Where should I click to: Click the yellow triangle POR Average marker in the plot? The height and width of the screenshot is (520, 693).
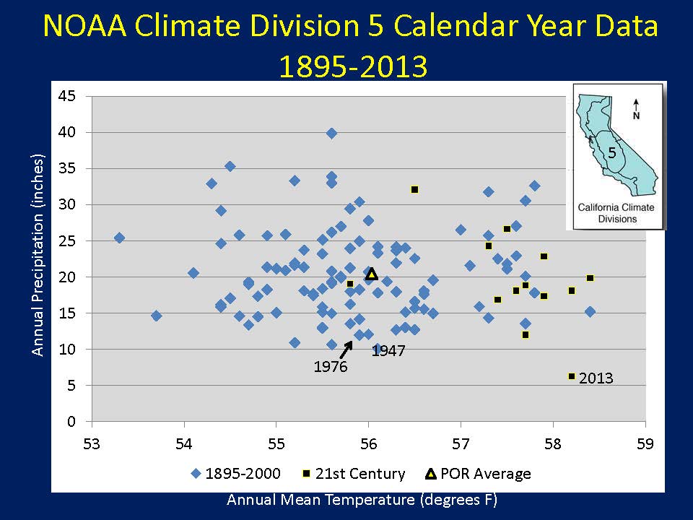[372, 274]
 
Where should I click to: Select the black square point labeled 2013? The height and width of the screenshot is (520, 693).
[572, 376]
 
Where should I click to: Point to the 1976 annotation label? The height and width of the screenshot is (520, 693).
[331, 367]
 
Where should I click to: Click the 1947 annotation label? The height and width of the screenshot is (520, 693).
[388, 351]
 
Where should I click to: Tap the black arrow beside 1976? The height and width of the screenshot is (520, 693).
[346, 350]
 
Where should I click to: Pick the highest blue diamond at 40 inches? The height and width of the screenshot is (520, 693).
[331, 133]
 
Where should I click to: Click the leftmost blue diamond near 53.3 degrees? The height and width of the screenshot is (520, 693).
[119, 238]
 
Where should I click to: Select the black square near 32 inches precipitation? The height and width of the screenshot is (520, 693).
[414, 190]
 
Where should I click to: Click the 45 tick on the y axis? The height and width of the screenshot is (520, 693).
[66, 96]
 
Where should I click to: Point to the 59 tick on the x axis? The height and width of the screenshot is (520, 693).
[645, 444]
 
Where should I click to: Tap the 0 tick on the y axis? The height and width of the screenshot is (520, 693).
[71, 422]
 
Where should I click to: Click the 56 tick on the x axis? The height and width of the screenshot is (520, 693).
[369, 444]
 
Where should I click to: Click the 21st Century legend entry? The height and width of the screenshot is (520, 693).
[353, 474]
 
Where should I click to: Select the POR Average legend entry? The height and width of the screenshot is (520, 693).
[478, 474]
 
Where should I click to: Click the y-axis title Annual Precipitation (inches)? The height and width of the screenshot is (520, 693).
[38, 255]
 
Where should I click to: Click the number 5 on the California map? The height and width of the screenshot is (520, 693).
[612, 153]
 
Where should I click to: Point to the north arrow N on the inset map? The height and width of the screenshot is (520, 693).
[636, 109]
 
